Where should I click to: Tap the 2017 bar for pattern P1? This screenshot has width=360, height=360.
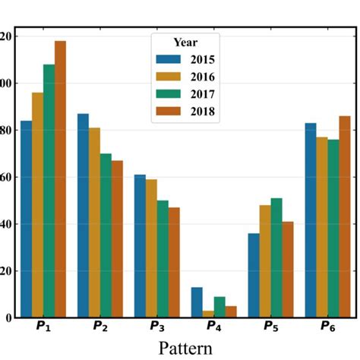click(49, 191)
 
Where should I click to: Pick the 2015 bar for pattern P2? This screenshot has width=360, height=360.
click(83, 216)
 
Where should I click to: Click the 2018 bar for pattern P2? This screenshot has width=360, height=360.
click(117, 238)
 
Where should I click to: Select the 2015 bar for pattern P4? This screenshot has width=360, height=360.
click(197, 302)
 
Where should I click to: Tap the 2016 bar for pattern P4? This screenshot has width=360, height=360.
click(208, 314)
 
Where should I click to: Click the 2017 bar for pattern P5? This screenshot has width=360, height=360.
click(276, 257)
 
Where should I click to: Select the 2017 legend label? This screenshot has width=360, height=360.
click(204, 94)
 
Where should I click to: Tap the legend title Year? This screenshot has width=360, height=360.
click(185, 42)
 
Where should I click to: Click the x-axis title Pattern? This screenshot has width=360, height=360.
click(187, 348)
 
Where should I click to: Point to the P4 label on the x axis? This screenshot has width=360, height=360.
click(214, 327)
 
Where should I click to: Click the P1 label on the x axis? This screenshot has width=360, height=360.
click(43, 327)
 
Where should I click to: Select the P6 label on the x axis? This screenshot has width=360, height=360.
click(328, 327)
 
